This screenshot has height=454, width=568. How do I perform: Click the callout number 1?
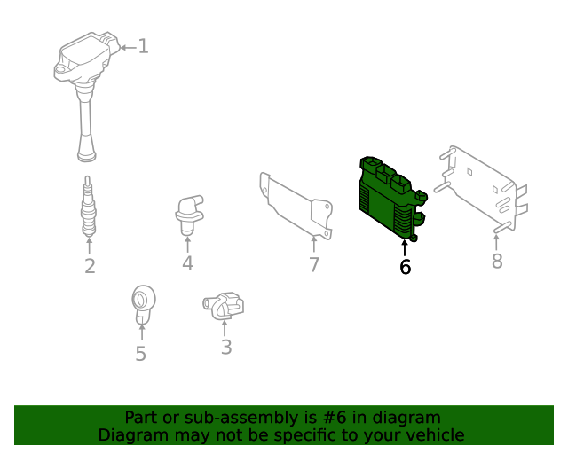pos(143,46)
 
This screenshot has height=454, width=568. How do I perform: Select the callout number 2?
pos(90,266)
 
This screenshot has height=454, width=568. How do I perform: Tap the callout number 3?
pos(226,348)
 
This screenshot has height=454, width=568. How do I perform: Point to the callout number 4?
pos(187,263)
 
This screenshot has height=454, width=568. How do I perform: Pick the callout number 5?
pos(140,354)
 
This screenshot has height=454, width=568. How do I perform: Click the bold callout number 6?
pos(406,267)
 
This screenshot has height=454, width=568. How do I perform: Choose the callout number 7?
pos(314,265)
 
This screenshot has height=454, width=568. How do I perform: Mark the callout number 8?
pos(497,261)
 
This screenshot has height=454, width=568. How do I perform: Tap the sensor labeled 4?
pos(186,214)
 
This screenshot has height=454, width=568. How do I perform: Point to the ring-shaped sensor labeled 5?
pos(141,302)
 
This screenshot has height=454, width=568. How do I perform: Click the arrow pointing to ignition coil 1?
pos(127,46)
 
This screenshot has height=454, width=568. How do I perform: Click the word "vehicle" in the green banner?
pos(433,435)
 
